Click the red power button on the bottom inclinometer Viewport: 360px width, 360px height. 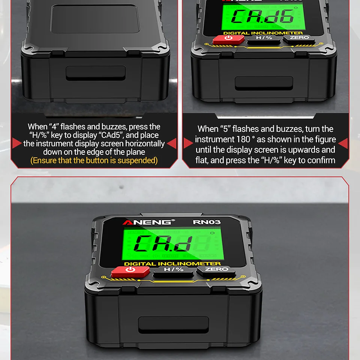pos(130,271)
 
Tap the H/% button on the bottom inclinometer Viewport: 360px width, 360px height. pos(173,270)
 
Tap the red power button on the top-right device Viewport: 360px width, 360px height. pos(228,39)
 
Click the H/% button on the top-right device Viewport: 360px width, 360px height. pos(263,38)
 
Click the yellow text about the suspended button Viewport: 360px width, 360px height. pos(94,161)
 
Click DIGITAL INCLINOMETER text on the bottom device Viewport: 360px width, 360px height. pos(172,263)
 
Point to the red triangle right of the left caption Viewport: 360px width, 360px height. pos(171,143)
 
